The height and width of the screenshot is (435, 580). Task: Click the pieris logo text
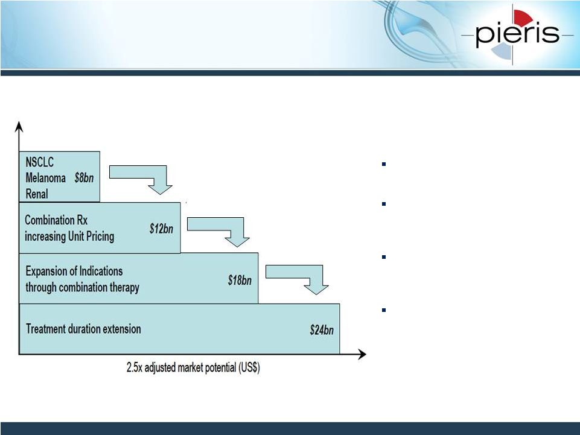click(x=517, y=33)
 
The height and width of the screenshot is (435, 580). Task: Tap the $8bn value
click(x=84, y=178)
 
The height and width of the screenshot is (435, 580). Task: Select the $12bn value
click(x=161, y=229)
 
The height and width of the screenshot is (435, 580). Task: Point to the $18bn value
click(x=240, y=280)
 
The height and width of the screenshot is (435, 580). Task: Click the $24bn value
click(x=322, y=329)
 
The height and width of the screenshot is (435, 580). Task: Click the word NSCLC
click(x=40, y=162)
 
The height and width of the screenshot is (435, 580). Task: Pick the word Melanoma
click(x=45, y=178)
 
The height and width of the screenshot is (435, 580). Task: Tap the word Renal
click(x=37, y=194)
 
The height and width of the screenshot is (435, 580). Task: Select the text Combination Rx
click(x=56, y=220)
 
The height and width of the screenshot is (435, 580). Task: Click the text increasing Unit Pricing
click(x=69, y=237)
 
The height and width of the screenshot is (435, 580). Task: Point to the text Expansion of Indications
click(x=74, y=271)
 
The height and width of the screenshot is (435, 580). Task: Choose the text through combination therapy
click(x=83, y=287)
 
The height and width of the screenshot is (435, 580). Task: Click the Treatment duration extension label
click(x=83, y=329)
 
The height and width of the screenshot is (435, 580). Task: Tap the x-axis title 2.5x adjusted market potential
click(x=193, y=367)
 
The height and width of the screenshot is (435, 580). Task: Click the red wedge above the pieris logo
click(x=523, y=17)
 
